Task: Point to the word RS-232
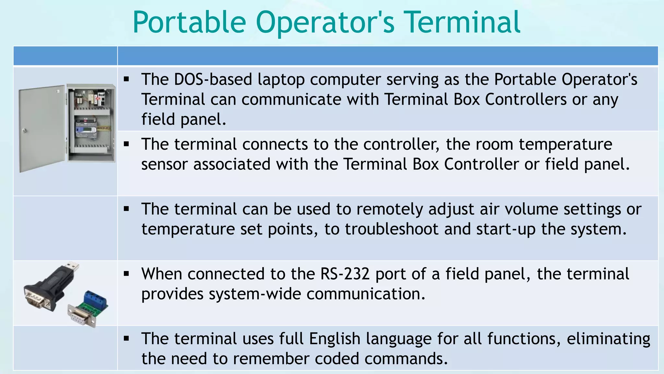(345, 274)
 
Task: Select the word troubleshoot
(391, 229)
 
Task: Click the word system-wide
(255, 294)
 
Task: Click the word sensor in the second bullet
(164, 164)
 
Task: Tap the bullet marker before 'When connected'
(126, 274)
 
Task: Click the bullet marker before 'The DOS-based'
(126, 79)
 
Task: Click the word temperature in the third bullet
(188, 229)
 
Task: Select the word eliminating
(608, 339)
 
